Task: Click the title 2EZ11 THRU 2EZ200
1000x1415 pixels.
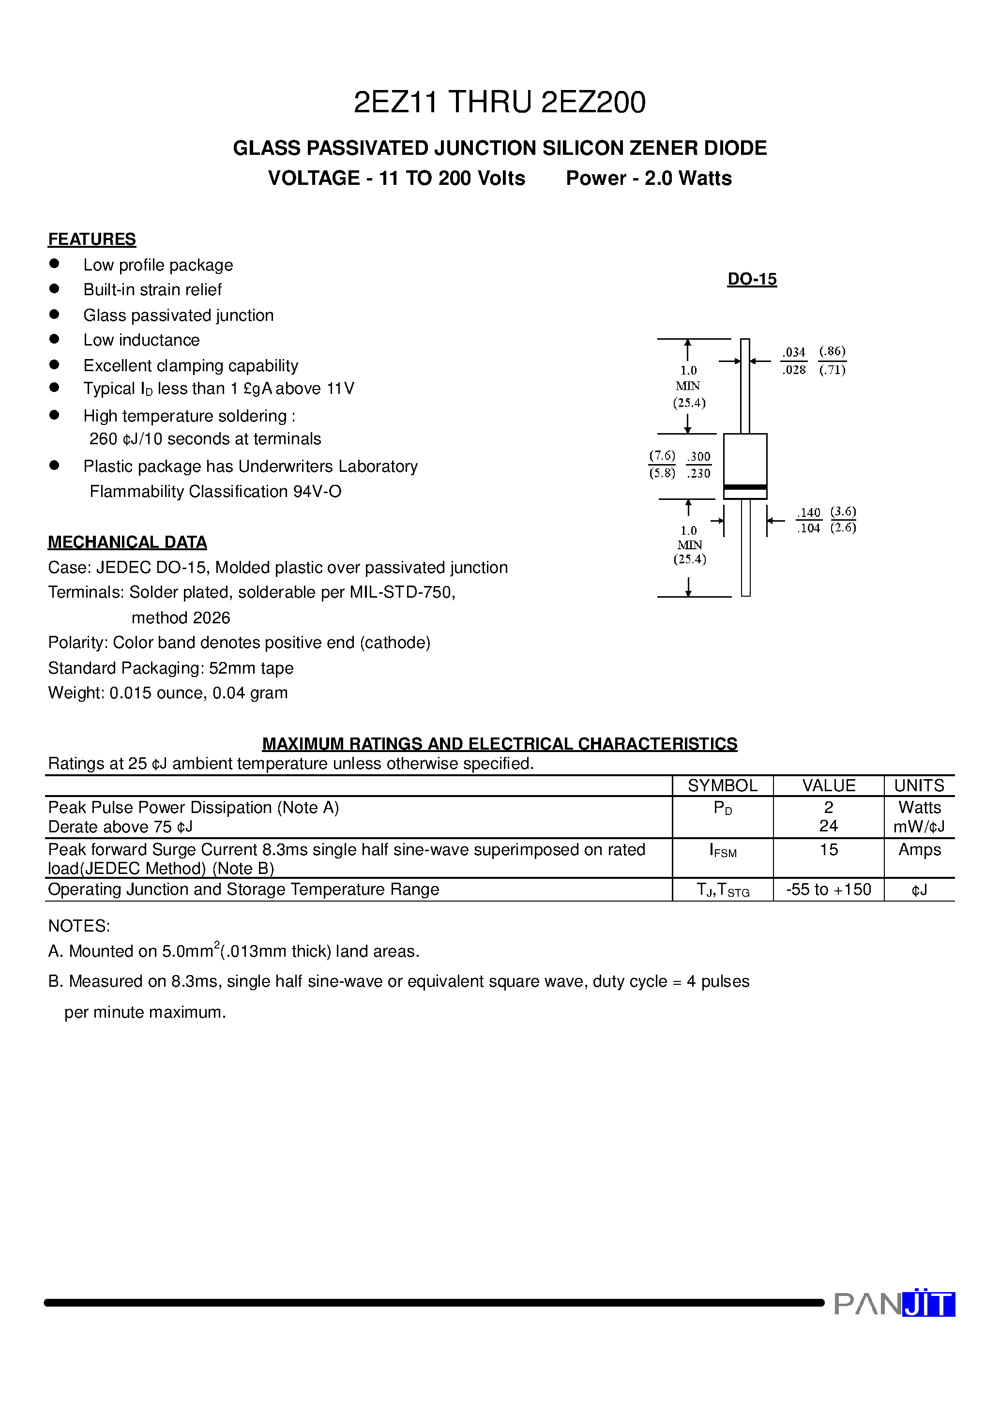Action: click(500, 102)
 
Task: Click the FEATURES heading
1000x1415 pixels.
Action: click(92, 239)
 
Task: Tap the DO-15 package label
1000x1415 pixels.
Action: click(752, 279)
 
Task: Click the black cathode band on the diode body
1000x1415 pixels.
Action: click(745, 487)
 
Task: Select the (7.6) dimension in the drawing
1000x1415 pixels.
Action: click(662, 455)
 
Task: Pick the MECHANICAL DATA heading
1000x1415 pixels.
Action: click(127, 542)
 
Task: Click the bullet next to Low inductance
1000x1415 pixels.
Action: click(54, 339)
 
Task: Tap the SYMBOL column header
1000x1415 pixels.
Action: click(722, 786)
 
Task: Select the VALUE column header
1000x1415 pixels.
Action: click(828, 786)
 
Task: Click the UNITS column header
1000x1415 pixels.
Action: click(919, 786)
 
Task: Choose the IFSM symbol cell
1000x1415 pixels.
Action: click(723, 852)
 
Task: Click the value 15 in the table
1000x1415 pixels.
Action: click(828, 850)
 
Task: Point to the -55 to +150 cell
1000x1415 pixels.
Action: click(828, 889)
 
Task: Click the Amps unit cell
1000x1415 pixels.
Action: click(919, 850)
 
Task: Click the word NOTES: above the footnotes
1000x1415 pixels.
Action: click(79, 926)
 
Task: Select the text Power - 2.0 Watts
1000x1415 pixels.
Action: click(649, 178)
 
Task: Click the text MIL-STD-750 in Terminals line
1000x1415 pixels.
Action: click(401, 592)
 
